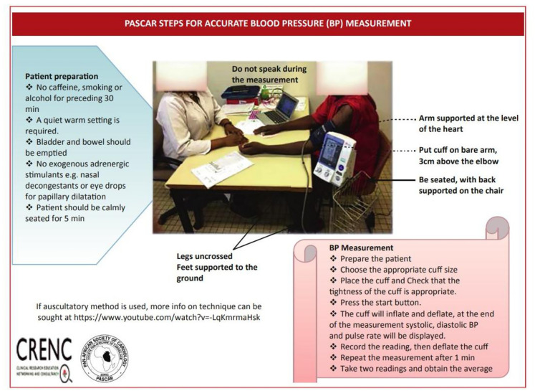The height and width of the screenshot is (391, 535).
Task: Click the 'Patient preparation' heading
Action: coord(62,76)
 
